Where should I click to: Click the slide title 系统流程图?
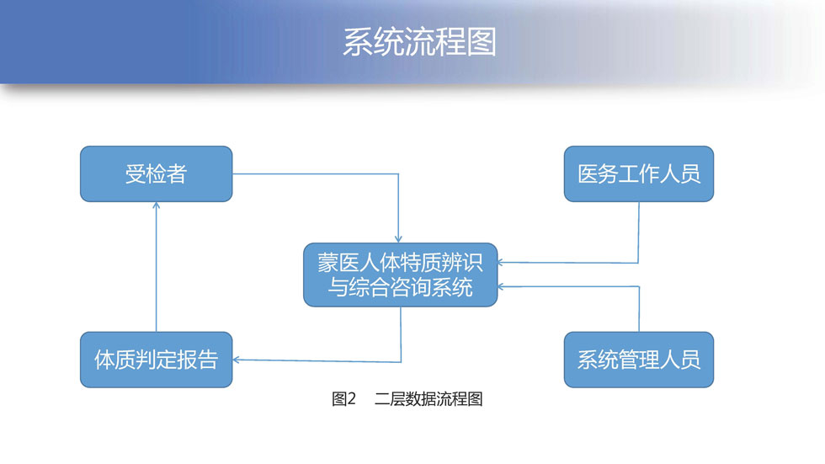tap(419, 42)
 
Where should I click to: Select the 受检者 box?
tap(157, 174)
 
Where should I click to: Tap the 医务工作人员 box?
tap(639, 174)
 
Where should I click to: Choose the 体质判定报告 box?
tap(157, 360)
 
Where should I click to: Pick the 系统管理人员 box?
tap(639, 360)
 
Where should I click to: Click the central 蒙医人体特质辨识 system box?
tap(401, 275)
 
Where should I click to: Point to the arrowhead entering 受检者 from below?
tap(157, 205)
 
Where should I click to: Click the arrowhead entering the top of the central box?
tap(398, 239)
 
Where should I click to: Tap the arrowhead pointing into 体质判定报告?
tap(237, 360)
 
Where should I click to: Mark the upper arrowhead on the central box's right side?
tap(502, 262)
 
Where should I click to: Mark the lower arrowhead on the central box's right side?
tap(502, 286)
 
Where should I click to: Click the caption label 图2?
tap(343, 399)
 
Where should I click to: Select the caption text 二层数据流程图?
tap(428, 399)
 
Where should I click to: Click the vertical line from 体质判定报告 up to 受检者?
tap(157, 267)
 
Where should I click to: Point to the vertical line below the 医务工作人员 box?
tap(639, 232)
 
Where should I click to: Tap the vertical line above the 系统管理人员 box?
tap(639, 309)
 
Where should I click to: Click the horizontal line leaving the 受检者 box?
tap(315, 174)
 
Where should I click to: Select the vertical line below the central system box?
tap(401, 334)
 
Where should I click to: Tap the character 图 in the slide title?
tap(482, 42)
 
